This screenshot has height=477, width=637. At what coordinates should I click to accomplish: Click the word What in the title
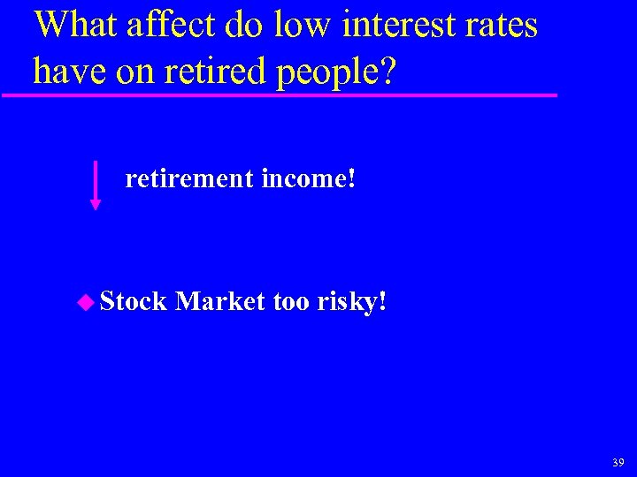click(x=75, y=25)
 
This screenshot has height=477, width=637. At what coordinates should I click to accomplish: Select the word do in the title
click(x=243, y=25)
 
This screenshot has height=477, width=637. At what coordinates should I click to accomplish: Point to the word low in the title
click(x=301, y=25)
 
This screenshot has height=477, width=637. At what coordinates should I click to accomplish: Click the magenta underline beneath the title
click(x=283, y=95)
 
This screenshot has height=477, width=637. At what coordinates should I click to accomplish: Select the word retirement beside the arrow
click(x=189, y=179)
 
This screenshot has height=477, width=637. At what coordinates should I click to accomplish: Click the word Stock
click(x=134, y=302)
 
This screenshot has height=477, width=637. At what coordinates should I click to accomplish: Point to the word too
click(x=290, y=302)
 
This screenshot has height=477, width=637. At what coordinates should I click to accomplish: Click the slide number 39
click(x=618, y=462)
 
